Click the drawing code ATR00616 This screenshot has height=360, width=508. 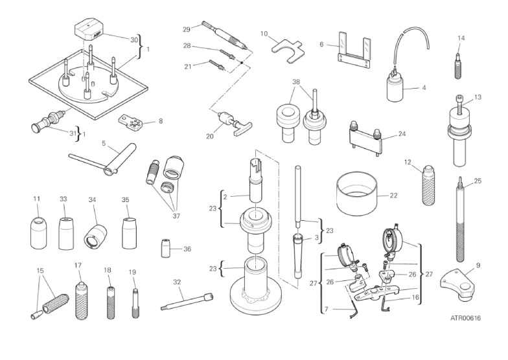465,318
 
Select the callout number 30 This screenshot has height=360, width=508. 134,40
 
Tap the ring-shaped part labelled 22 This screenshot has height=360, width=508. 356,194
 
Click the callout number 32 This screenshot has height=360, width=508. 176,282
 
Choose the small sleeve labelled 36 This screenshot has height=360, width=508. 166,249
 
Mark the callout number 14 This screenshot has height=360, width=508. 461,38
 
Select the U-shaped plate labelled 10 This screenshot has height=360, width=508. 288,50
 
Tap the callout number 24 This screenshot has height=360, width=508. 402,133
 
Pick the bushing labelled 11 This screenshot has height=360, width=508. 39,233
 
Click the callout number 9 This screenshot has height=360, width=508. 478,265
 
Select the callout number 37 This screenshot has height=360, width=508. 176,216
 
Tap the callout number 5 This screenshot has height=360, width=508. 104,143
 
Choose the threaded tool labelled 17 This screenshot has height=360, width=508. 82,300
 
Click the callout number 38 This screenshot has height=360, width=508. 296,82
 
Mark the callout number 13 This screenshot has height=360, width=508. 478,97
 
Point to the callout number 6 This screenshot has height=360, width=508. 321,44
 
